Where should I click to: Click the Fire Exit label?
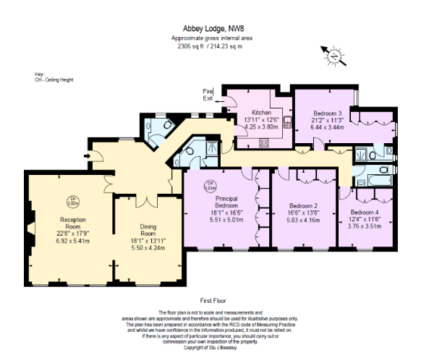[208, 95]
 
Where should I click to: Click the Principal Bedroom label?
[226, 202]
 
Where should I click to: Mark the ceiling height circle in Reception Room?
[73, 200]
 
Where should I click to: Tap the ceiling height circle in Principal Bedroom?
[210, 184]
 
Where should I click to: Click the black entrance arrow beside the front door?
[88, 155]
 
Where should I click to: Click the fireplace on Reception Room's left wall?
[31, 231]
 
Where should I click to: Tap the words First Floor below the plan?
[214, 299]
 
